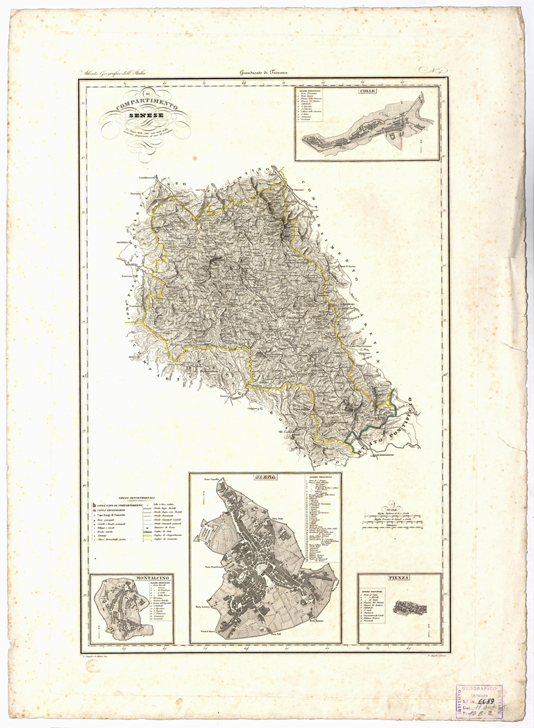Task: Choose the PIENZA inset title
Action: [x=399, y=577]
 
